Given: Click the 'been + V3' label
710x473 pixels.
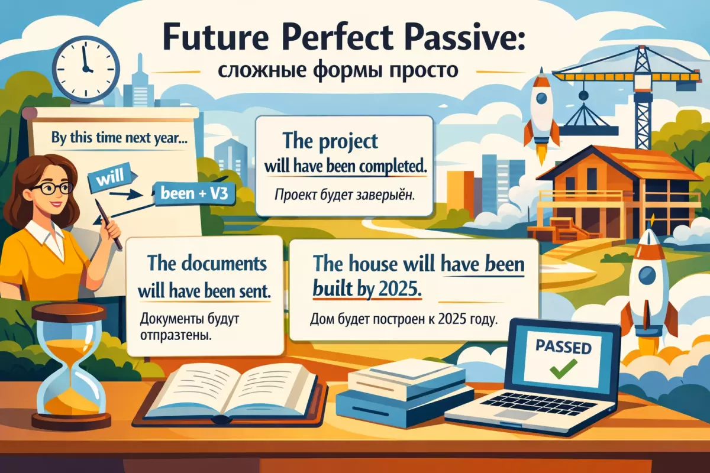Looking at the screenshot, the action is coord(194,193).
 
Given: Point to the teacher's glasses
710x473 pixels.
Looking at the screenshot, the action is coord(53,188).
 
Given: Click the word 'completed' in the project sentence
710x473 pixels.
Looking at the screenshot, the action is coord(388,167).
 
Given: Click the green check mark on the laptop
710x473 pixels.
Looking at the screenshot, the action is coord(563,370).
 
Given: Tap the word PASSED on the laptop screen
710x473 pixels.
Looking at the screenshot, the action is coord(563,347).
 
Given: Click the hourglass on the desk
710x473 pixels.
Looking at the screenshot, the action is coord(72,366).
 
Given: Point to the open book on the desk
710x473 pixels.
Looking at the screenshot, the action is coord(230,395).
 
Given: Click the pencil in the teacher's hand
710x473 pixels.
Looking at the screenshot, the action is coord(108,223).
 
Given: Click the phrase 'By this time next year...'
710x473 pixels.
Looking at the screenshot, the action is coord(119,138).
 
